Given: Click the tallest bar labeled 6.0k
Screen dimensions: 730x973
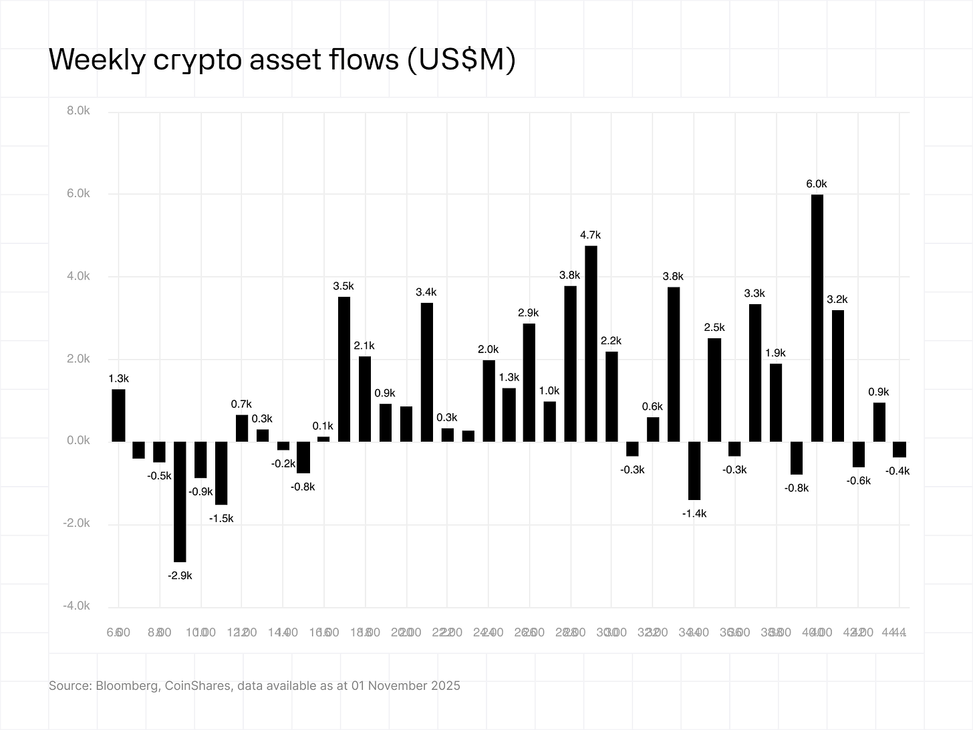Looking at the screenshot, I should [817, 318].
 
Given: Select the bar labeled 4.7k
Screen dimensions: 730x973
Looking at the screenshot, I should [591, 344].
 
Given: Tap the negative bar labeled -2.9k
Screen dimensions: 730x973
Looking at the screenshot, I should [180, 501].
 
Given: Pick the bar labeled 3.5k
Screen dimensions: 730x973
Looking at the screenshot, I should [344, 369].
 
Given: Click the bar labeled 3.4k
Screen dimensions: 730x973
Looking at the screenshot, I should [426, 372].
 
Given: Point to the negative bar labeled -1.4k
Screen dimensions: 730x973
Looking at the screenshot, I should [694, 471].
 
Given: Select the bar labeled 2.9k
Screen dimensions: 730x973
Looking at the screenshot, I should [529, 382].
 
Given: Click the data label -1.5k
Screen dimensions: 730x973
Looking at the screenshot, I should [221, 518].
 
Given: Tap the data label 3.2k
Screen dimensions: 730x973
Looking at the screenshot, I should [837, 299].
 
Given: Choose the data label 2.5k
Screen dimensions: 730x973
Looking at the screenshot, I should [714, 328].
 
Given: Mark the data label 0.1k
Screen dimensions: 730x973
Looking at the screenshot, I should [323, 426].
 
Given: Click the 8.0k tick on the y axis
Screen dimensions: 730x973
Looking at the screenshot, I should [78, 111].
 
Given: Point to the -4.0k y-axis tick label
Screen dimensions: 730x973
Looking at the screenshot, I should [76, 606].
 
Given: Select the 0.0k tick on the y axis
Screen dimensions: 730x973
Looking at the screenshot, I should [78, 441].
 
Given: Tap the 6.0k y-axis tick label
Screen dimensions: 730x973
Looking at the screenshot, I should [78, 194].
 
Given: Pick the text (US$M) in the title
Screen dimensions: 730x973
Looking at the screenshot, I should [460, 61].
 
